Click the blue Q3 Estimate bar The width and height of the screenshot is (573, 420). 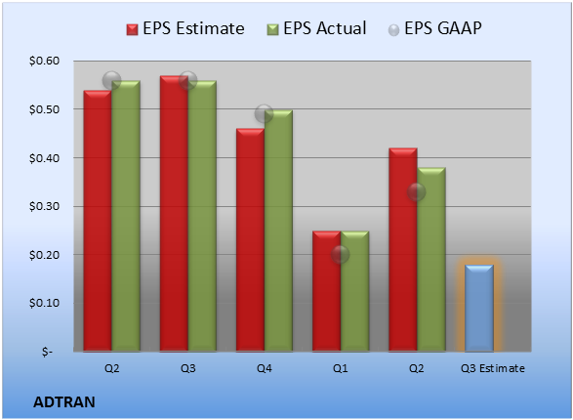(x=479, y=308)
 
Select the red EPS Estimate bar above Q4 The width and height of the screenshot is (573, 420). (x=250, y=240)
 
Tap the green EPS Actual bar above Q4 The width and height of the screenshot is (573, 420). (x=278, y=231)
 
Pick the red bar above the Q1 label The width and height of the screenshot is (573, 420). (x=327, y=291)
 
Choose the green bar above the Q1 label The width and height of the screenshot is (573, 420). (x=354, y=291)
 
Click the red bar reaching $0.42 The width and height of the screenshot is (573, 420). (x=403, y=250)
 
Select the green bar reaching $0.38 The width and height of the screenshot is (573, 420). (x=431, y=260)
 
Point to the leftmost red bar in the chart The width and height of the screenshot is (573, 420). (x=98, y=221)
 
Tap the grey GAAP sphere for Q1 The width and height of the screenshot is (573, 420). (x=341, y=254)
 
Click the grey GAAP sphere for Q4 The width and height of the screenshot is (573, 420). (x=264, y=113)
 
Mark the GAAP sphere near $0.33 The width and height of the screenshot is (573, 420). (x=417, y=191)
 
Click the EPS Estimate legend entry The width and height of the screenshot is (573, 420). (x=185, y=28)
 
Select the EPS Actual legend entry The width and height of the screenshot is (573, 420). (x=316, y=28)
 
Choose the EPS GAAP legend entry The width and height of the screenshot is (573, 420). (x=434, y=28)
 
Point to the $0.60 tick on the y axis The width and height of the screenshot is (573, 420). (x=44, y=61)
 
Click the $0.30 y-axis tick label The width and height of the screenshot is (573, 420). (x=44, y=206)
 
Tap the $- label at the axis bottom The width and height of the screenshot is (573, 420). (x=47, y=352)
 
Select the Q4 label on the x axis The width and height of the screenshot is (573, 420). (x=264, y=368)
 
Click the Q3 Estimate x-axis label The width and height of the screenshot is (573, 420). (x=493, y=368)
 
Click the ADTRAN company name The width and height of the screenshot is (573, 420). (x=64, y=402)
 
